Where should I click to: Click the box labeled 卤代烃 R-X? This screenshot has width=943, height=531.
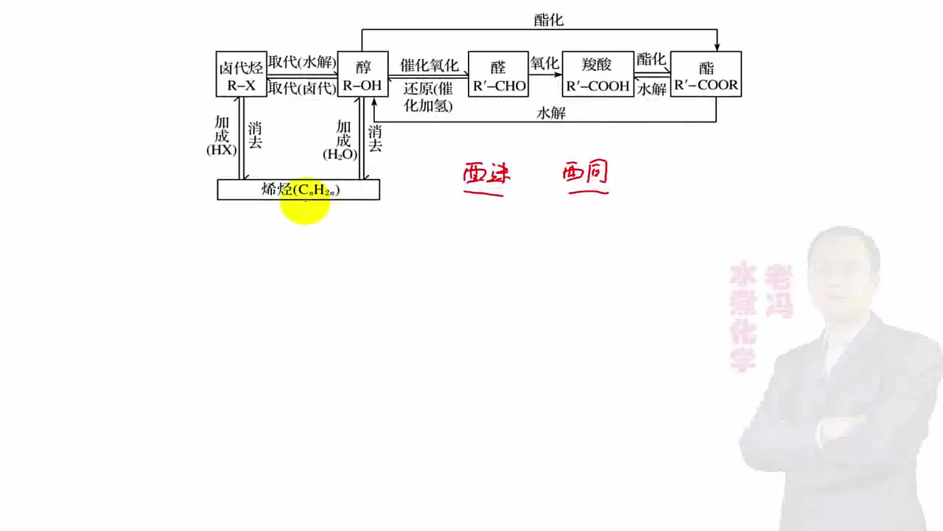241,74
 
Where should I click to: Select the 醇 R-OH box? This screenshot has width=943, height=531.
362,74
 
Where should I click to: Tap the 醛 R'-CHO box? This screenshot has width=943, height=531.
499,74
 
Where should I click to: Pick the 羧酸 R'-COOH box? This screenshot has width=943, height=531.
597,74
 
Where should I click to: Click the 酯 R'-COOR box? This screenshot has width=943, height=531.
706,74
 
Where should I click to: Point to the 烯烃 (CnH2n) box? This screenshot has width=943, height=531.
298,190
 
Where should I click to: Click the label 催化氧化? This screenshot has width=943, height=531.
429,65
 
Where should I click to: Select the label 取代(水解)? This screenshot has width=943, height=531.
301,62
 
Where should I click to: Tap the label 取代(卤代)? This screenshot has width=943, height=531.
301,88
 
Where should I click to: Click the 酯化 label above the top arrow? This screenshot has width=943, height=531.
548,20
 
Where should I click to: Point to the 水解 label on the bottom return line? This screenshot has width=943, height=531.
551,113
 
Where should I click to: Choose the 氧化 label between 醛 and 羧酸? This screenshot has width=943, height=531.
544,63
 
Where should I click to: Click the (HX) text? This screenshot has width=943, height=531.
221,150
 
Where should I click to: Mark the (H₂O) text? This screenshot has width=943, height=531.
340,155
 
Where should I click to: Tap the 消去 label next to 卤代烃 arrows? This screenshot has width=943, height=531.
255,135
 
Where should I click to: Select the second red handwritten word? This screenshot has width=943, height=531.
586,176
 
